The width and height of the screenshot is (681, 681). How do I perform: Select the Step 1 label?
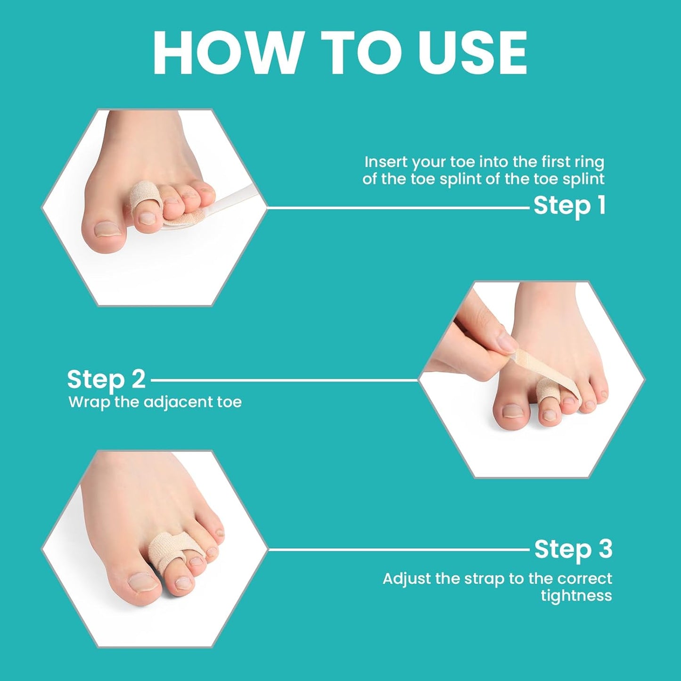(569, 206)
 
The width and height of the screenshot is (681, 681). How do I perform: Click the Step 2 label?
(106, 379)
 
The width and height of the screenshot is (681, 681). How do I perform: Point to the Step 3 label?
(573, 550)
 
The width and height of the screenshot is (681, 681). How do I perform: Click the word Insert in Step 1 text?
(386, 162)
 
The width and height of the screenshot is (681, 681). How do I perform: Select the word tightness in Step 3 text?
(576, 595)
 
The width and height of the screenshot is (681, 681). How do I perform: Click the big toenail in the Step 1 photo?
(107, 229)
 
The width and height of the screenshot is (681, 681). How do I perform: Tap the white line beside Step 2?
(283, 379)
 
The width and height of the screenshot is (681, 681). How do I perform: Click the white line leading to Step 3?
(398, 549)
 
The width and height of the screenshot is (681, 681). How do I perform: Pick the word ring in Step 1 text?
(589, 162)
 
